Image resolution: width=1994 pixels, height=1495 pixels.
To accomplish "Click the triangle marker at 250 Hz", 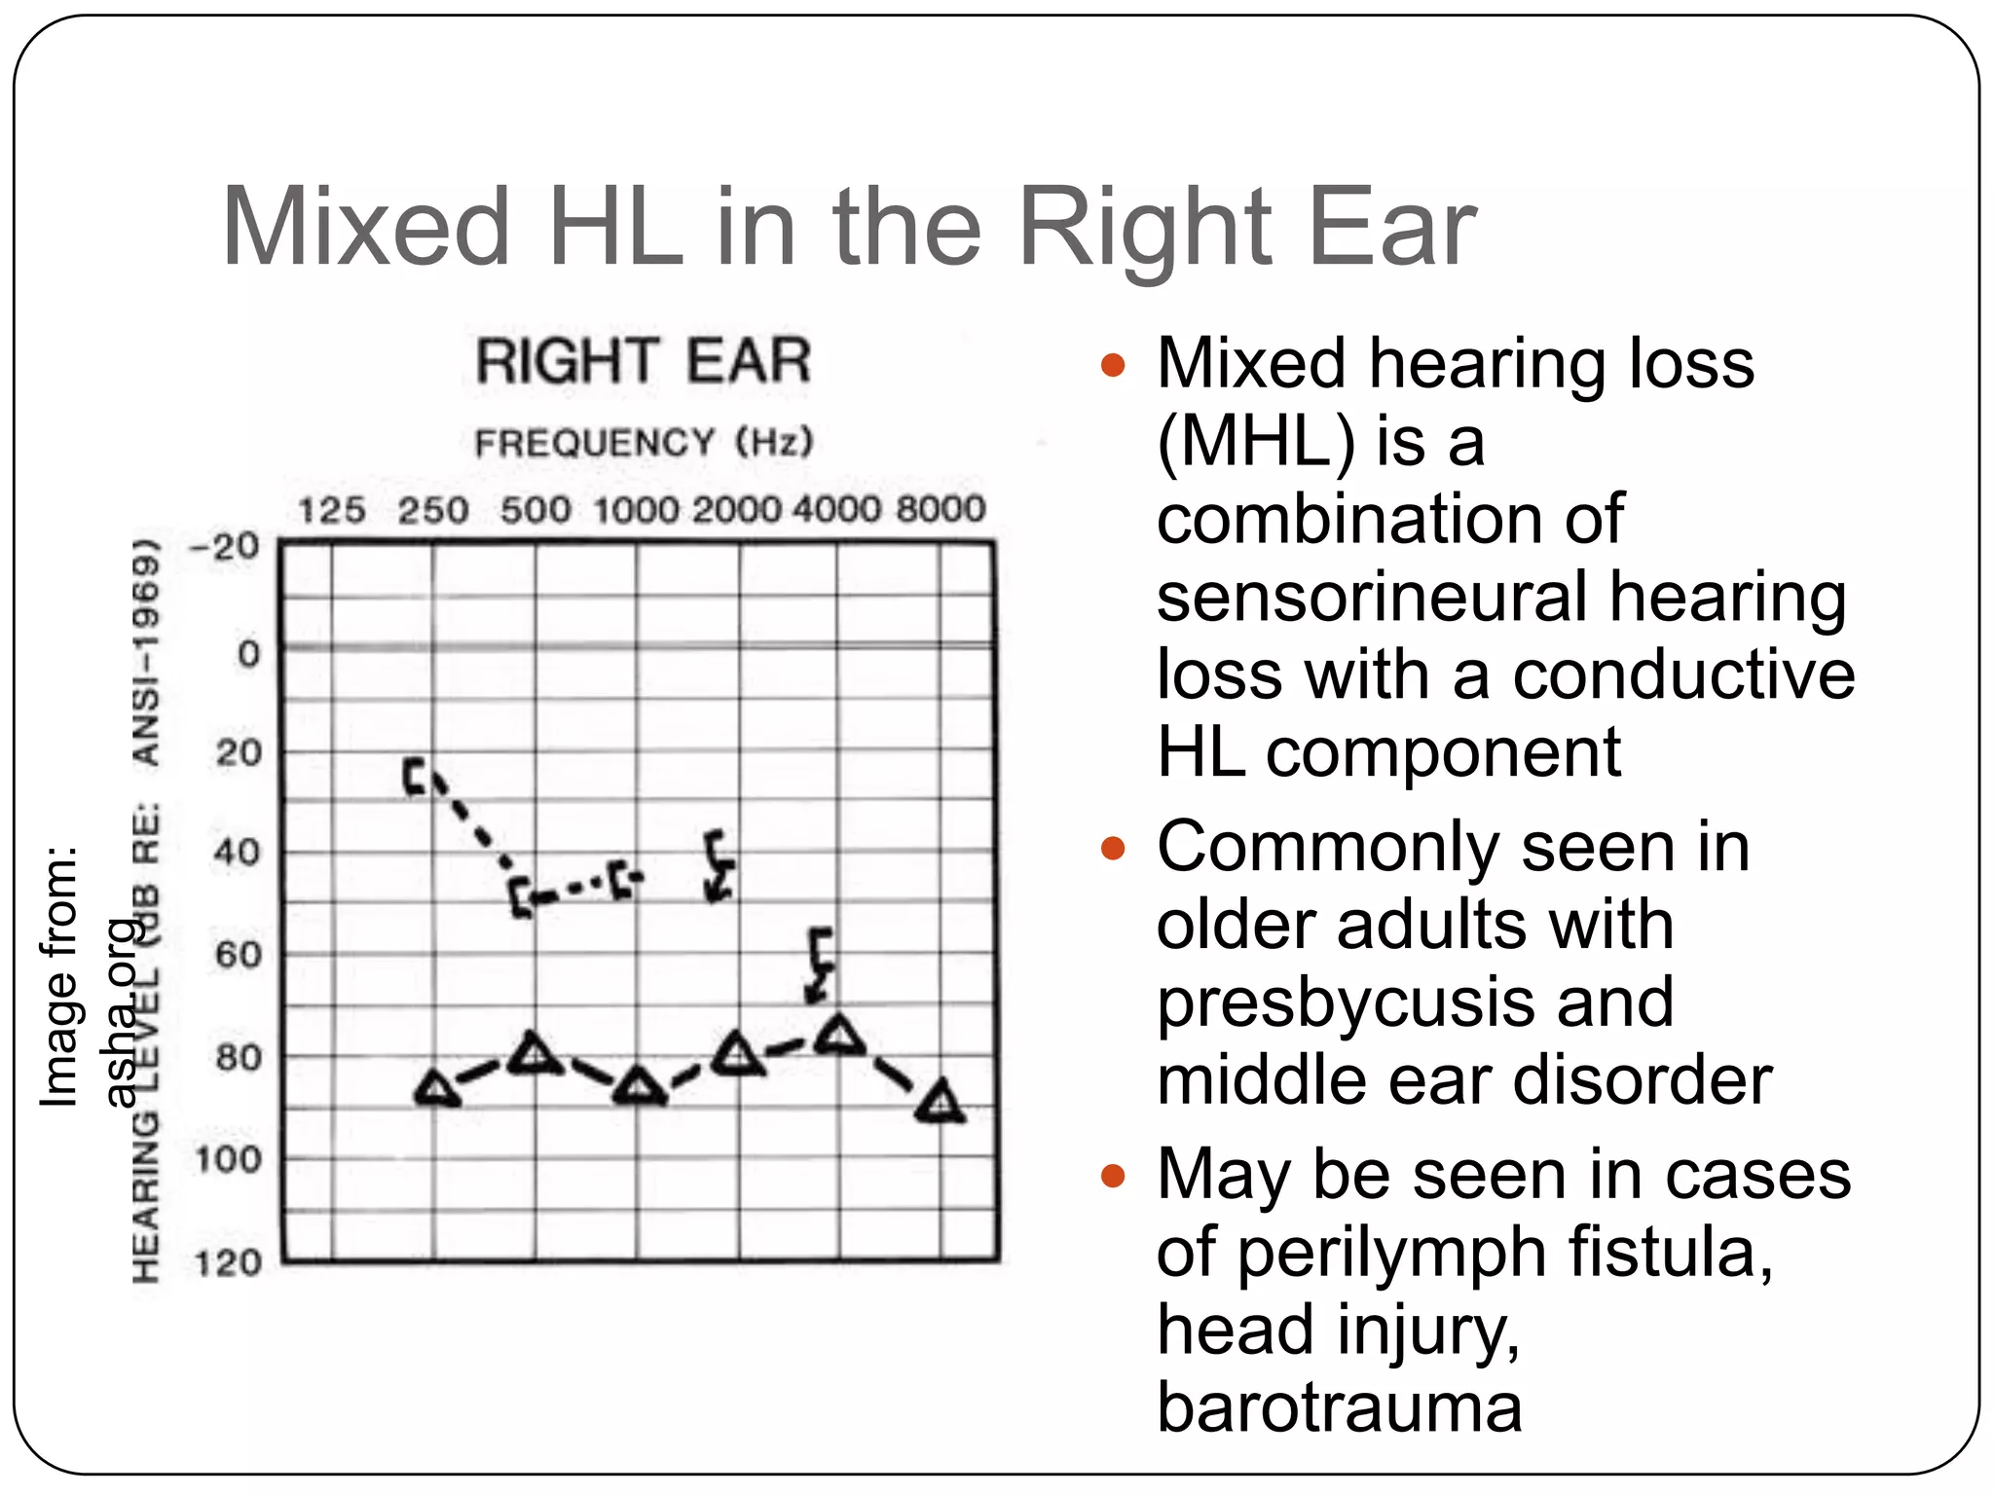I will coord(437,1088).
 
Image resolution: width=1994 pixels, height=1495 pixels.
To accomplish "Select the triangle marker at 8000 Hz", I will coord(941,1104).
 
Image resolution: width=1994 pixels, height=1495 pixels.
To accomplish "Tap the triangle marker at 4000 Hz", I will coord(839,1036).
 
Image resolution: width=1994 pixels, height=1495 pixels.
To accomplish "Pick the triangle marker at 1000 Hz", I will coord(638,1087).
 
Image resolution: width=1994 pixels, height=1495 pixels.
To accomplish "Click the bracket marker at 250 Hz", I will coord(417,776).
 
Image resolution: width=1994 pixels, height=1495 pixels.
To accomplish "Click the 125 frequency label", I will coord(331,510).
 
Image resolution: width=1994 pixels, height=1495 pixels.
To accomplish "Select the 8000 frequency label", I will coord(941,509).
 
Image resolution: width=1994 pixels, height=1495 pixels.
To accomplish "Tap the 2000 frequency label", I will coord(737,509).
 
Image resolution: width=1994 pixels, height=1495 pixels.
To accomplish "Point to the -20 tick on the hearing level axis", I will coord(225,546).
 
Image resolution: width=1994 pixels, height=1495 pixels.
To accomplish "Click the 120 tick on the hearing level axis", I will coord(228,1263).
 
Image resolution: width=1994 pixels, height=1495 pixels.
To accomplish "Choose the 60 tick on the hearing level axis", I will coord(239,955).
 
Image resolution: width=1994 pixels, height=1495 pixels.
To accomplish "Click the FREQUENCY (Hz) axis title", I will coord(644,443).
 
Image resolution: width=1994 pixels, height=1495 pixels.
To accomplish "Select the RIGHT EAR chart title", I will coord(644,361).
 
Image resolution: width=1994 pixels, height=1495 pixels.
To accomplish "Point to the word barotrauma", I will coord(1339,1407).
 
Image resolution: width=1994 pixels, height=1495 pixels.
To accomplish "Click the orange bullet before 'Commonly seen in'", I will coord(1113,849).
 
